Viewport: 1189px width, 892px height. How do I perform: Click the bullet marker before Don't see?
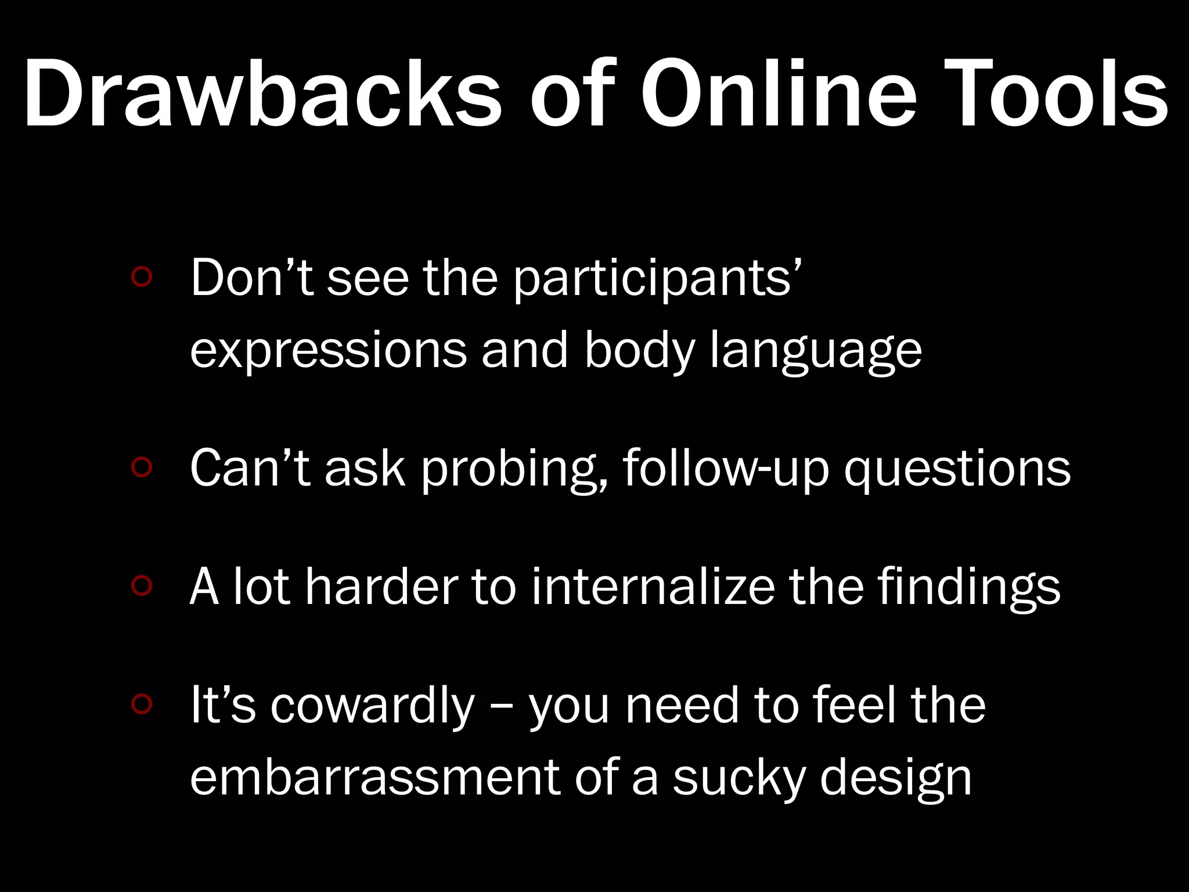tap(142, 278)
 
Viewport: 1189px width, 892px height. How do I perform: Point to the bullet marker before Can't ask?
tap(142, 467)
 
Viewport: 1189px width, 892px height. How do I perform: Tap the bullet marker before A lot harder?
tap(142, 586)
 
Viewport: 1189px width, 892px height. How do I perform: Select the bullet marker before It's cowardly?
tap(142, 704)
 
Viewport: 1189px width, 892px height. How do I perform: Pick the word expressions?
tap(328, 351)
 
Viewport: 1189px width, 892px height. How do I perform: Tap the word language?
tap(816, 352)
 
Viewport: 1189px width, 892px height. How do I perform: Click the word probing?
tap(514, 469)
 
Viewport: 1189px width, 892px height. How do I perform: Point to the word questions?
tap(957, 469)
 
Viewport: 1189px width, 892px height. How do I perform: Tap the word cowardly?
tap(372, 706)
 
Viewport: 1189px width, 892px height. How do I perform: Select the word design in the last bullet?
tap(895, 778)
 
